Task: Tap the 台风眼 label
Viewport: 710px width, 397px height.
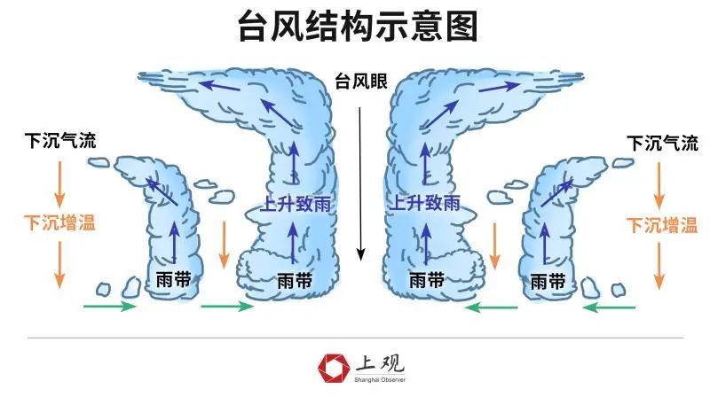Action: pyautogui.click(x=360, y=82)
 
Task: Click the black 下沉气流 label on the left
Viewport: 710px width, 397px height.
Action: pyautogui.click(x=60, y=141)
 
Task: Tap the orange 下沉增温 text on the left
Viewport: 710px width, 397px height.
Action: pyautogui.click(x=59, y=222)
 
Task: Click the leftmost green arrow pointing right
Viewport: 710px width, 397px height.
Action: pyautogui.click(x=109, y=307)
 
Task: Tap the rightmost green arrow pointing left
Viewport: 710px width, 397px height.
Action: pyautogui.click(x=610, y=307)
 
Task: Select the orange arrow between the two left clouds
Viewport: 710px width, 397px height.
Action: pyautogui.click(x=225, y=245)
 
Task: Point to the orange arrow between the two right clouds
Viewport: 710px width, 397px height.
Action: pyautogui.click(x=495, y=245)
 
